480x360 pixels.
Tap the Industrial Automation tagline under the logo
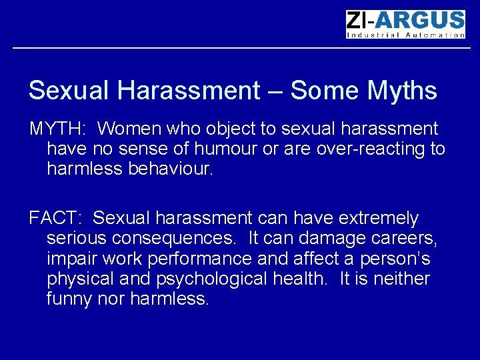click(x=405, y=35)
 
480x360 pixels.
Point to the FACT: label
click(x=57, y=218)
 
